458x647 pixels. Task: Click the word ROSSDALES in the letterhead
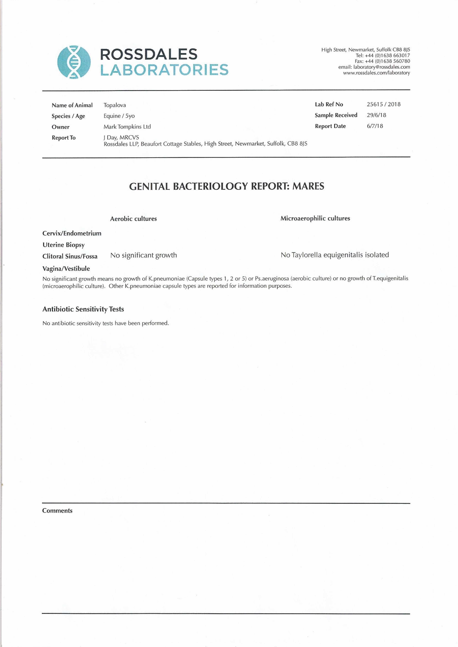149,54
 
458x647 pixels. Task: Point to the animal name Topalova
115,105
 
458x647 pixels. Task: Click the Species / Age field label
68,116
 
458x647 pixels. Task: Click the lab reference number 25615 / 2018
383,104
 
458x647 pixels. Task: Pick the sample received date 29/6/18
376,115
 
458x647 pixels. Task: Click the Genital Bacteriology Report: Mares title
226,186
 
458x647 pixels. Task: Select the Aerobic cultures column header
133,219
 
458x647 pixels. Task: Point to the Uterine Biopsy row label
63,245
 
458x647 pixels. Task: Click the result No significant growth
144,255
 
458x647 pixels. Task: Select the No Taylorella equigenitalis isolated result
335,255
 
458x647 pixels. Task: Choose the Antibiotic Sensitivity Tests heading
83,309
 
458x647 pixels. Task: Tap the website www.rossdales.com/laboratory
376,73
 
